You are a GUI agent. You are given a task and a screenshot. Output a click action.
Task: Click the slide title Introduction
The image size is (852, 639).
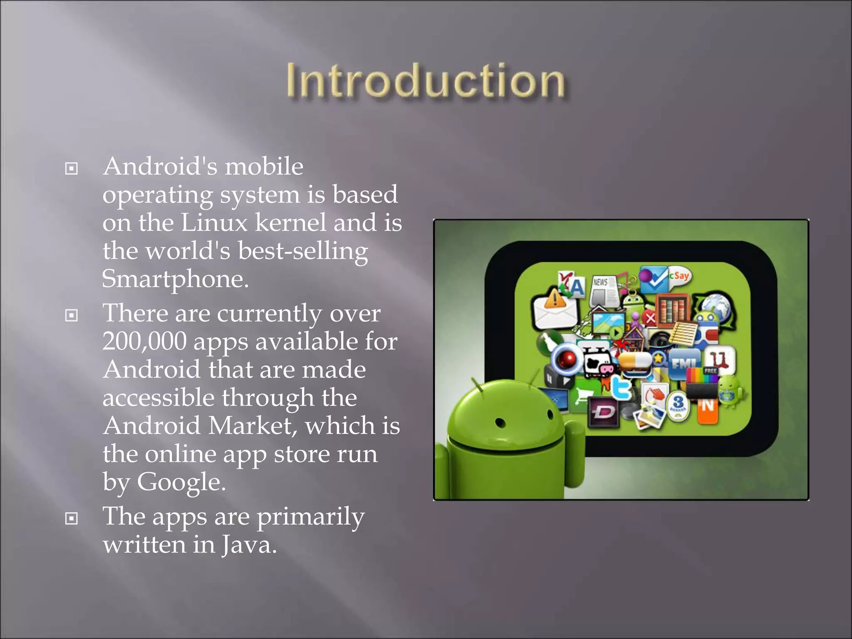click(425, 81)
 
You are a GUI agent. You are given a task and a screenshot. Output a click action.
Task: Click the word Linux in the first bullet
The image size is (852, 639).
click(214, 223)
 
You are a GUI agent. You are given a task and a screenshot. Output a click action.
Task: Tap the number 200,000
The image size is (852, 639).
click(144, 342)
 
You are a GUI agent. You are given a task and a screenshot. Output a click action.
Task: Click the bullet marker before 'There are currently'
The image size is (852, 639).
click(72, 315)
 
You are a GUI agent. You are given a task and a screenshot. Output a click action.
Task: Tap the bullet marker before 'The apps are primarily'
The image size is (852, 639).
click(72, 518)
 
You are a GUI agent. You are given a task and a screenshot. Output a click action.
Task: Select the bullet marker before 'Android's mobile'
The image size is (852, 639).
click(72, 168)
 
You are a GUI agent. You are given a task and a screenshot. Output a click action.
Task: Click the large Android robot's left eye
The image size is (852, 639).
click(500, 423)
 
